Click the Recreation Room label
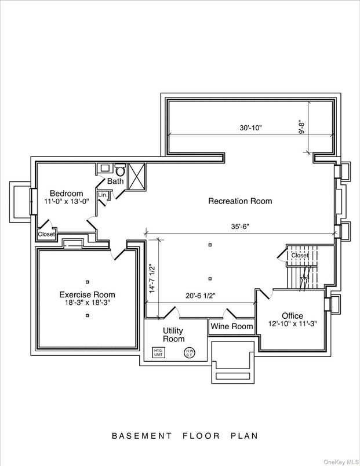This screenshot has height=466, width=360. [240, 201]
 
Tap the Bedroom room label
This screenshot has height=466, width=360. [66, 194]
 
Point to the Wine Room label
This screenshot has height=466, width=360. [232, 327]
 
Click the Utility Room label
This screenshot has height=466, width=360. [173, 334]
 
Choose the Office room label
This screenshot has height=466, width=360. [288, 316]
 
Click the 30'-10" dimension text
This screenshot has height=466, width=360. [250, 128]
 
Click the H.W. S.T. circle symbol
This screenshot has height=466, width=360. [190, 352]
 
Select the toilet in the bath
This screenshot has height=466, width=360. [120, 170]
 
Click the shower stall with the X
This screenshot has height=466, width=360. [137, 174]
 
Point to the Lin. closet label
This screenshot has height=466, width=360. [102, 195]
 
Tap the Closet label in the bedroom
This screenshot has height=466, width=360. [46, 234]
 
